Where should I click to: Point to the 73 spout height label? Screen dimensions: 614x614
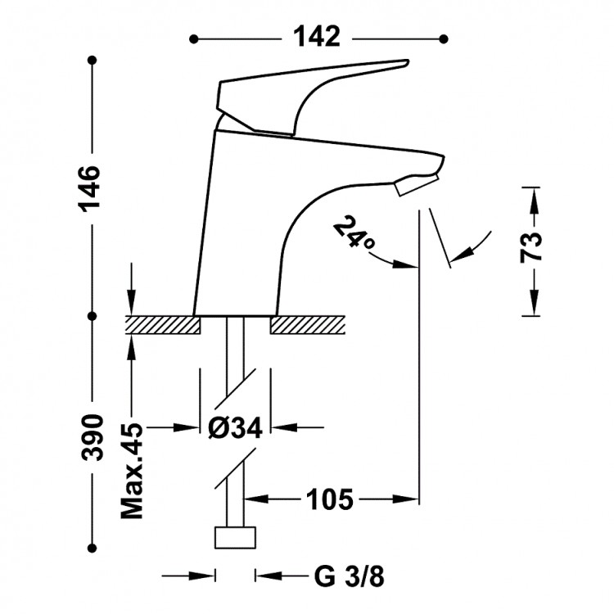pos(533,246)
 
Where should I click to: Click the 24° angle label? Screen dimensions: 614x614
pos(354,234)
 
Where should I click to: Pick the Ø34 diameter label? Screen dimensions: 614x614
pos(234,427)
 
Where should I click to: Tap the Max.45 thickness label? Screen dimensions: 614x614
pos(131,472)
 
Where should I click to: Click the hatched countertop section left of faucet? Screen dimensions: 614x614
pos(162,325)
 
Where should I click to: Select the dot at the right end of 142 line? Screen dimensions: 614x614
pos(445,38)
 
